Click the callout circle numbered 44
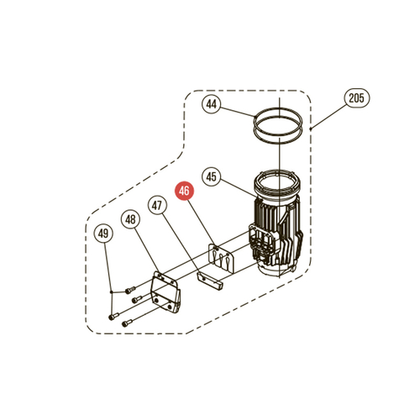(212, 104)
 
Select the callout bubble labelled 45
(212, 177)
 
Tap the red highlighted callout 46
(184, 191)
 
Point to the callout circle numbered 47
(157, 206)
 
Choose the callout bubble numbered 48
(130, 219)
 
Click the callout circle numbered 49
(103, 234)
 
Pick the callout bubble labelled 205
(356, 98)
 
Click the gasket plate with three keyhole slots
(221, 259)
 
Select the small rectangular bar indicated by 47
(209, 281)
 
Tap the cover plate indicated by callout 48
(165, 291)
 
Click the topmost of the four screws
(129, 290)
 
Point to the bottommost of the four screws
(127, 323)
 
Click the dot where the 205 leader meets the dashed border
(311, 129)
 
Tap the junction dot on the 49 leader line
(112, 292)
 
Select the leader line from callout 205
(328, 118)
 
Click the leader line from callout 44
(238, 111)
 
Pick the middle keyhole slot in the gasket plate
(222, 260)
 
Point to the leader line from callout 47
(181, 244)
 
